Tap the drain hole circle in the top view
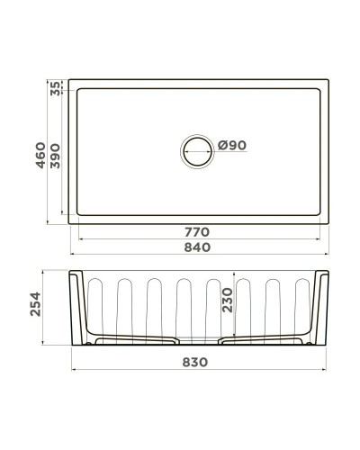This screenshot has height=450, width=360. pos(198,150)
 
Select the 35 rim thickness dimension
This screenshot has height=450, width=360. pos(56,88)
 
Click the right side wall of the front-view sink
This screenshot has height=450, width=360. pos(319,306)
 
